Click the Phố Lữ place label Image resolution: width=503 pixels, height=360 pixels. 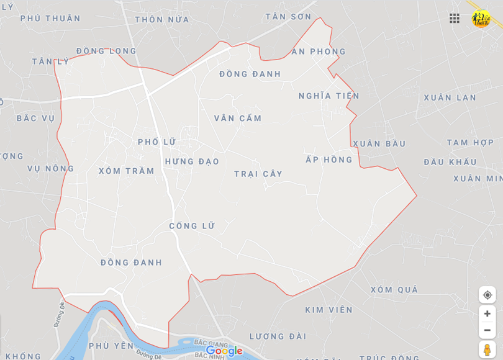157,142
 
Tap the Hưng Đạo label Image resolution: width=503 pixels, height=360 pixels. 192,161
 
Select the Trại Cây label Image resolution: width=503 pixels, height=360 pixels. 258,174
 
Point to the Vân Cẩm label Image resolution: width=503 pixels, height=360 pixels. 238,118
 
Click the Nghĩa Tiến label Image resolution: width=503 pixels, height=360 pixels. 329,96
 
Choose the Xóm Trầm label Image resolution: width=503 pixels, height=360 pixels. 126,171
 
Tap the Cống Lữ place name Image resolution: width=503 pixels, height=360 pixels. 192,226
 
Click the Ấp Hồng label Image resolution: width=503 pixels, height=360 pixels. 329,160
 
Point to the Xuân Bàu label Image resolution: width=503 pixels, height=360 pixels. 379,143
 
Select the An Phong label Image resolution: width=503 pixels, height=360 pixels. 319,52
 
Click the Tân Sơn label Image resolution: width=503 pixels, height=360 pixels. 288,17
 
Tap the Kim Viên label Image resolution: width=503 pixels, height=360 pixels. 329,310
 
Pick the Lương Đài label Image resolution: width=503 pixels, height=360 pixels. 278,336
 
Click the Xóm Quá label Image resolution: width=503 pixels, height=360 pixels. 394,290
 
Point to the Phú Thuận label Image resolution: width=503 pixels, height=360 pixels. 50,19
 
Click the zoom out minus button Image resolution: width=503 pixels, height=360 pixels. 487,330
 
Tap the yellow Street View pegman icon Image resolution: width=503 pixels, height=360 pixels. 487,349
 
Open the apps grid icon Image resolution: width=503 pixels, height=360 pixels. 455,18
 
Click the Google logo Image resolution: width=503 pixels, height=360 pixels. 224,351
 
